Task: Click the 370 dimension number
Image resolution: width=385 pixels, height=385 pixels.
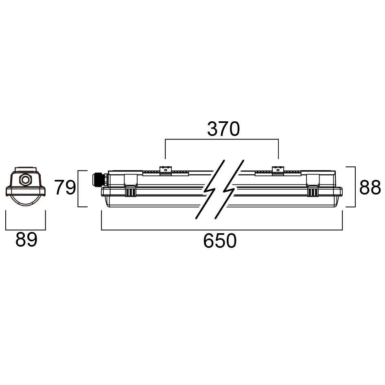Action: click(223, 129)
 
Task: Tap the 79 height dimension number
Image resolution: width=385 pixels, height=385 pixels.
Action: click(65, 188)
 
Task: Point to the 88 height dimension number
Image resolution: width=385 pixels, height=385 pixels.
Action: click(370, 188)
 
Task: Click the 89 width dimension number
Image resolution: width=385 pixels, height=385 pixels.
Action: click(26, 240)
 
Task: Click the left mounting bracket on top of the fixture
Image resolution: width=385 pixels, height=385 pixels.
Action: click(166, 171)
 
